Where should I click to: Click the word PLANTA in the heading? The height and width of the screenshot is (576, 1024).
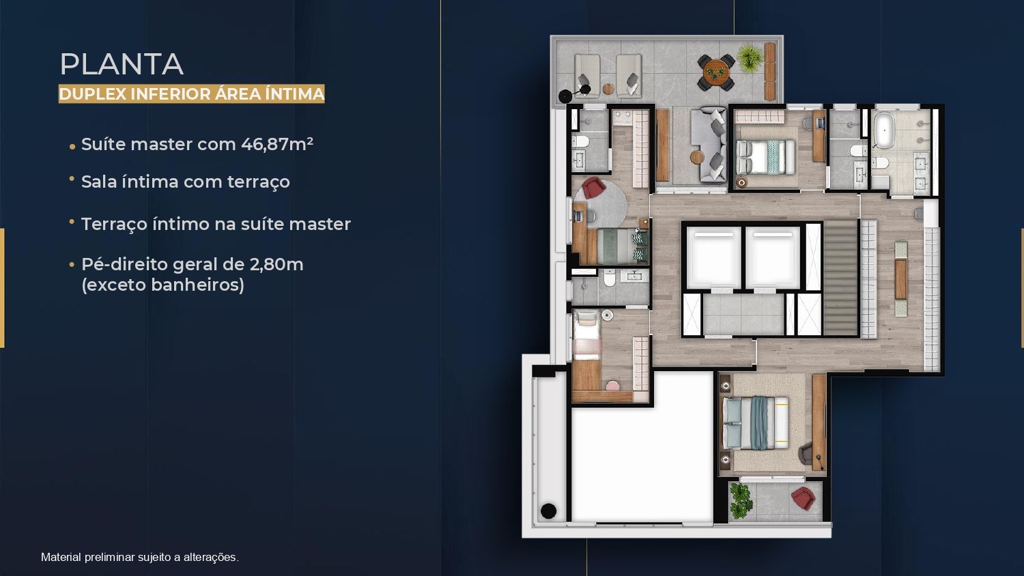122,64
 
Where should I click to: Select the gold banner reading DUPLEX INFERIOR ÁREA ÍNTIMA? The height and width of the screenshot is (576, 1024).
192,93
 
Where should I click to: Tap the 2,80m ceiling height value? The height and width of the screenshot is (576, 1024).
276,264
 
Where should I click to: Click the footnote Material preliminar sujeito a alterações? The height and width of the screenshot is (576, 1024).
140,558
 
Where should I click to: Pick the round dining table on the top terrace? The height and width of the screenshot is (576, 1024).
716,72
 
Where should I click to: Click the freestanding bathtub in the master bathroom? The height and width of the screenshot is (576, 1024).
884,130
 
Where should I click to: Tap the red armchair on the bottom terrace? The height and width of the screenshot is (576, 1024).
803,498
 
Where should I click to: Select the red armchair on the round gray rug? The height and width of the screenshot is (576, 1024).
593,188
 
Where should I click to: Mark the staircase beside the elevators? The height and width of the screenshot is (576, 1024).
840,278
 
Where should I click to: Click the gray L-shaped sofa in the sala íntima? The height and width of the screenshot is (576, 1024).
708,145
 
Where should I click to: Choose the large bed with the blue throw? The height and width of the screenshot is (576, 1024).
755,423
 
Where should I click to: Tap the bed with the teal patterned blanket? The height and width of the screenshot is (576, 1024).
765,157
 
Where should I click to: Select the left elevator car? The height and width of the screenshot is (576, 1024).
713,258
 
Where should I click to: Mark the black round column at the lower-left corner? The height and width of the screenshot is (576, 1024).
549,510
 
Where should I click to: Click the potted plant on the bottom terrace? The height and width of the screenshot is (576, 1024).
741,500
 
